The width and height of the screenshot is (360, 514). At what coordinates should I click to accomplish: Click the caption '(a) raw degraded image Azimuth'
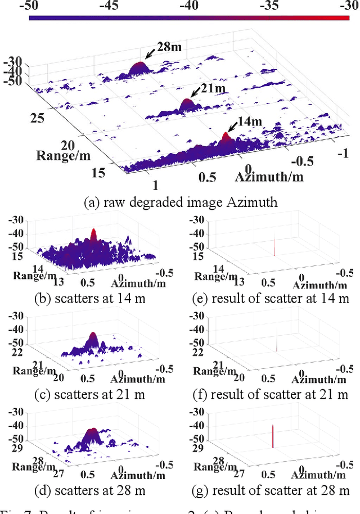(x=180, y=202)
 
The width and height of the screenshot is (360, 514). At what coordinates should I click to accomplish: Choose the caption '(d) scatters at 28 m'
(x=90, y=490)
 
